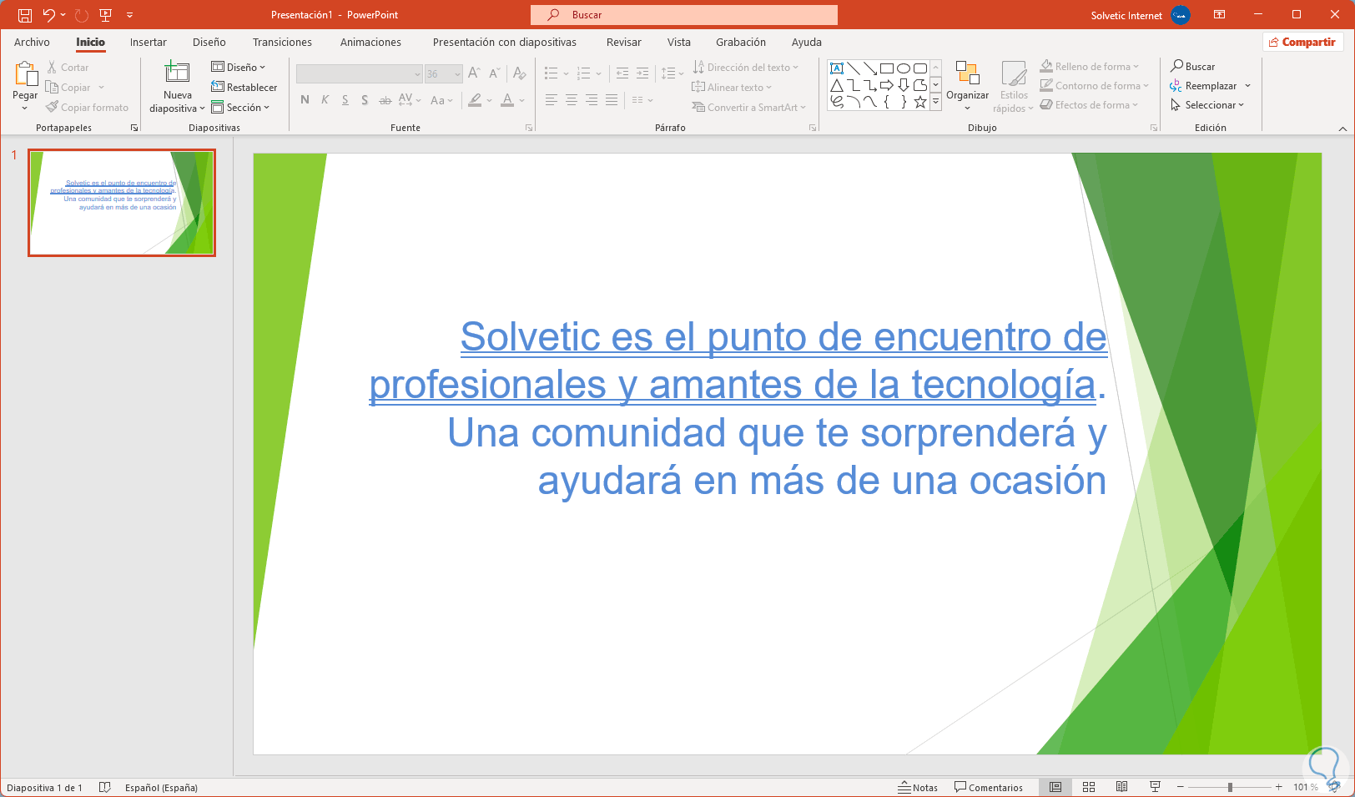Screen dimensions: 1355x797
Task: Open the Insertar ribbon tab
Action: (x=149, y=42)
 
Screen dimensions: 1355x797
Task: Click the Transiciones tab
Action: (x=282, y=42)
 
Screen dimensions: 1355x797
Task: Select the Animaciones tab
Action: (x=370, y=42)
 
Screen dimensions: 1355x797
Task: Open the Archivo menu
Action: (x=32, y=42)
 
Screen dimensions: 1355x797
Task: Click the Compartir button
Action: (x=1303, y=42)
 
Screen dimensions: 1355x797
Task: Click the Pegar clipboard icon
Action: (x=25, y=73)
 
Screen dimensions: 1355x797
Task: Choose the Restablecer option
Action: (x=244, y=87)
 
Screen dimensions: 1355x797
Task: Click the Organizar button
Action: (x=967, y=85)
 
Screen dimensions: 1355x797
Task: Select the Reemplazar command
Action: (x=1210, y=86)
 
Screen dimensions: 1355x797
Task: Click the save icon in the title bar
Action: (x=25, y=15)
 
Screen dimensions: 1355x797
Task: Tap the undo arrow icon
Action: (x=49, y=15)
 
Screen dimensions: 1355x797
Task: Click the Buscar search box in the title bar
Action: (x=683, y=15)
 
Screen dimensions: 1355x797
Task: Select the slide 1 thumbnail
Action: (x=122, y=203)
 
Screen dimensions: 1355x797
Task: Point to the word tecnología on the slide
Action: (x=1005, y=385)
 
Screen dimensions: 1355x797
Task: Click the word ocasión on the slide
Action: (x=1037, y=481)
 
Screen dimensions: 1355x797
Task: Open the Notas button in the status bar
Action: (x=918, y=787)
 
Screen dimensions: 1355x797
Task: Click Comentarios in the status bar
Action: (x=989, y=787)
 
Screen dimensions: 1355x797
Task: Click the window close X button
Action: (x=1335, y=14)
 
